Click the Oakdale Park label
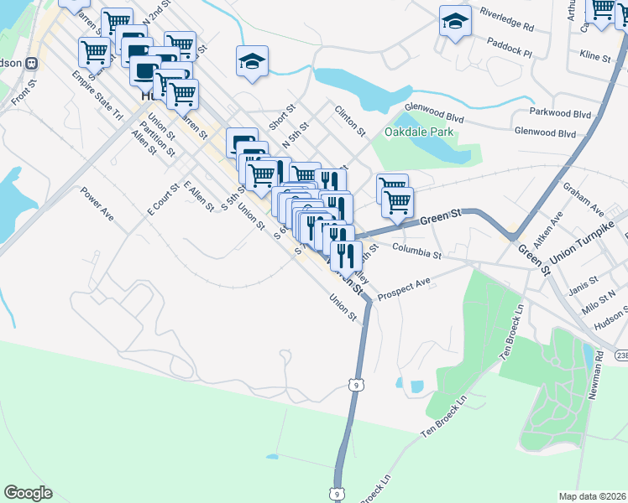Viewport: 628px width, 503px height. point(419,132)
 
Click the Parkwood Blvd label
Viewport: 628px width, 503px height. point(560,111)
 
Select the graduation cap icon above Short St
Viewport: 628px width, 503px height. point(252,61)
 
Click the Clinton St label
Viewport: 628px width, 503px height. point(350,121)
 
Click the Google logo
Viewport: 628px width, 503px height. point(28,493)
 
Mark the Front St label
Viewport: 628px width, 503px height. point(24,92)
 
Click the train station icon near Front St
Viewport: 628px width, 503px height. point(31,63)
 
